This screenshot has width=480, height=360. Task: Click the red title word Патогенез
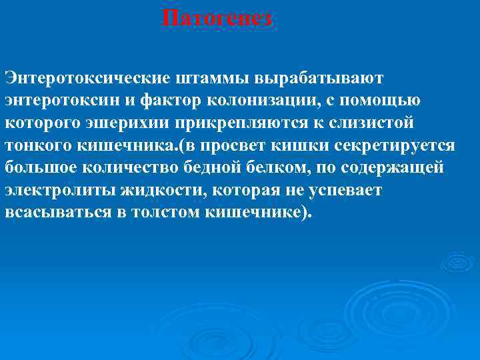tap(217, 18)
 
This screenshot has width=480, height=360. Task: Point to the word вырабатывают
tap(326, 79)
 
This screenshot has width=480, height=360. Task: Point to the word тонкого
tap(35, 145)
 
